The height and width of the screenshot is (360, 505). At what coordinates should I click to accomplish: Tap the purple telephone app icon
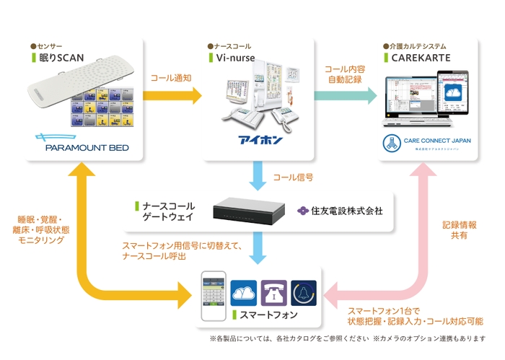pyautogui.click(x=276, y=293)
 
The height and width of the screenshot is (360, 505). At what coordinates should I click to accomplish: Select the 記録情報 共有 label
pyautogui.click(x=459, y=231)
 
